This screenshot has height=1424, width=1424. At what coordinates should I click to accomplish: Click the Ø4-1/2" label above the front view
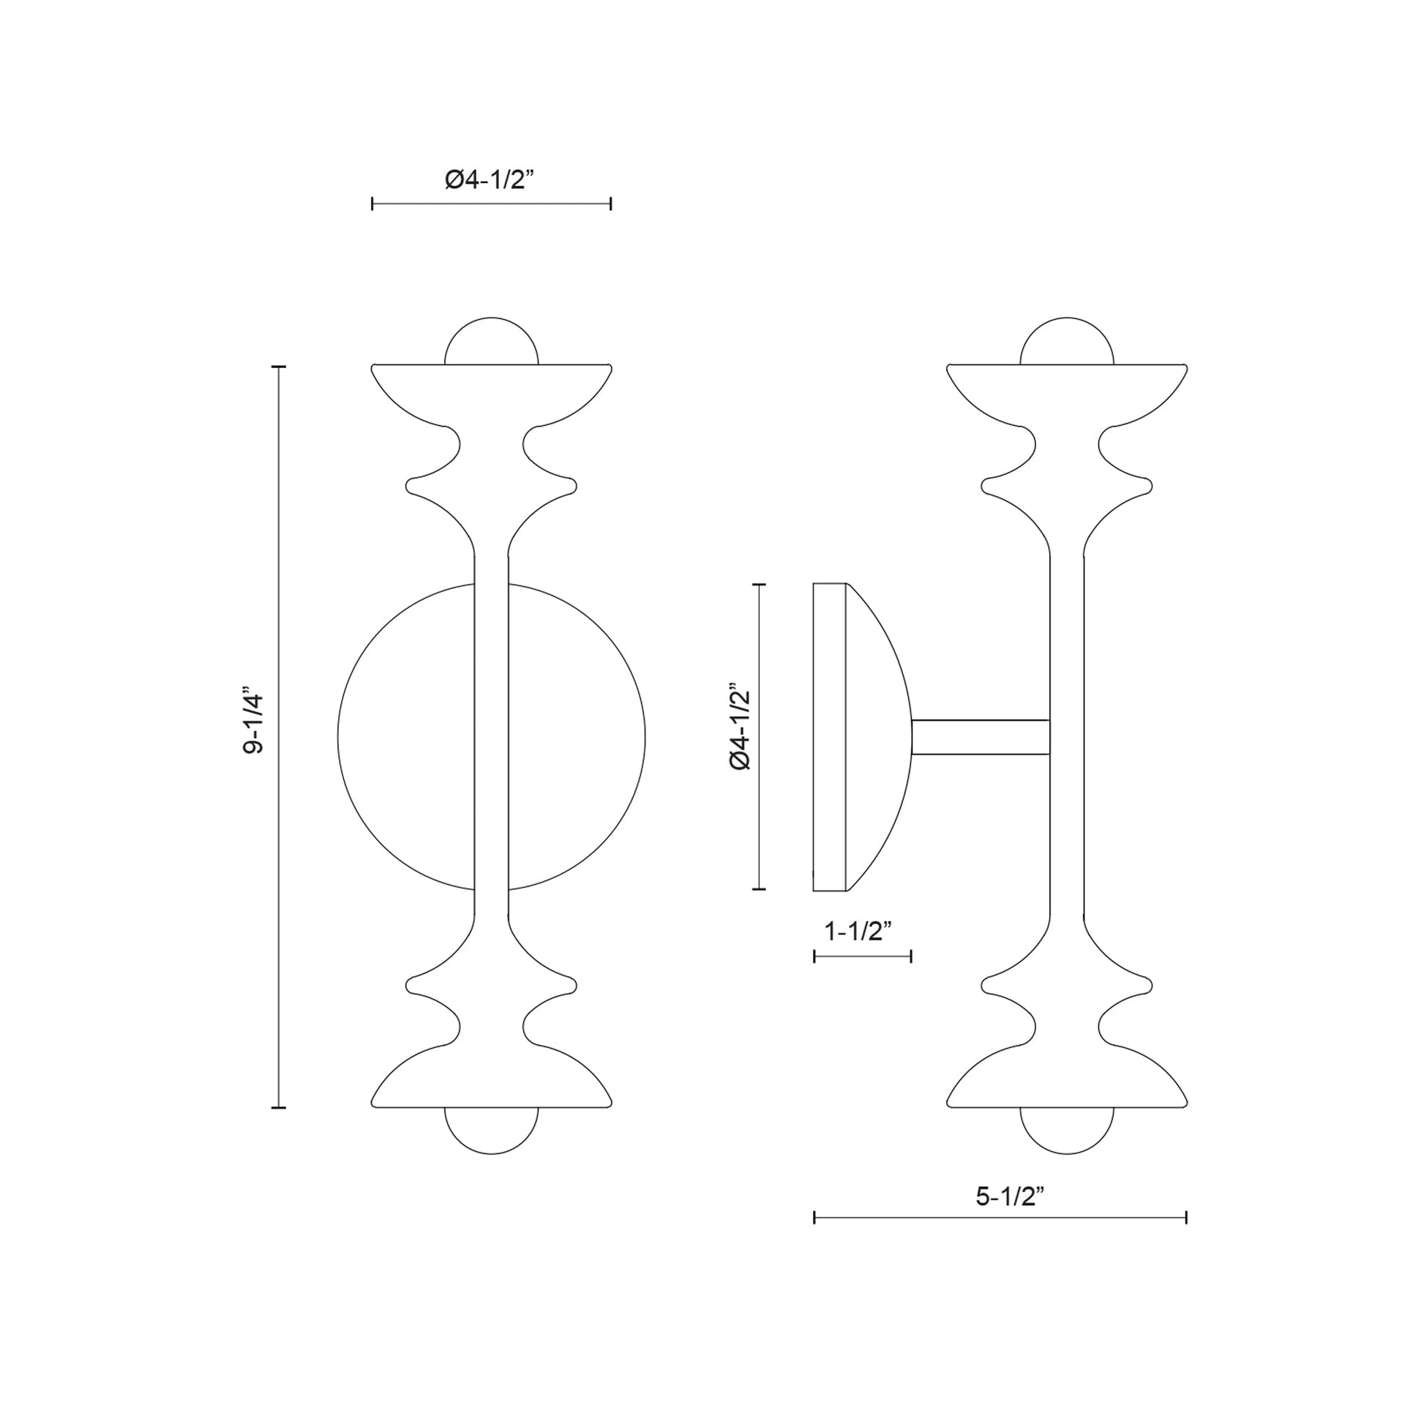tap(490, 179)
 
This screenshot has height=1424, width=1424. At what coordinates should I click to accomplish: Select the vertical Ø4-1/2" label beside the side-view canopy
tap(739, 727)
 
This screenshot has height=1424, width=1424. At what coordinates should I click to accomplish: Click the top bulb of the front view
tap(492, 342)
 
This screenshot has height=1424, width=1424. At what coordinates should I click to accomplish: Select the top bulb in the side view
tap(1066, 342)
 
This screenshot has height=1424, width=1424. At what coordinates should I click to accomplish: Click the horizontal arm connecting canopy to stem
tap(981, 737)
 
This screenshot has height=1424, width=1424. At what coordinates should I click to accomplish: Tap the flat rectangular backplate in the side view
tap(829, 737)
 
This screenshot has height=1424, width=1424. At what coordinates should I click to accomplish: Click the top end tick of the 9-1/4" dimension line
tap(279, 367)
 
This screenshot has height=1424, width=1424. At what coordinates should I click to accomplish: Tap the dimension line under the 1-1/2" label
tap(862, 956)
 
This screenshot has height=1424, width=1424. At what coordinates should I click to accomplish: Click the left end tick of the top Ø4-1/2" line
tap(373, 204)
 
